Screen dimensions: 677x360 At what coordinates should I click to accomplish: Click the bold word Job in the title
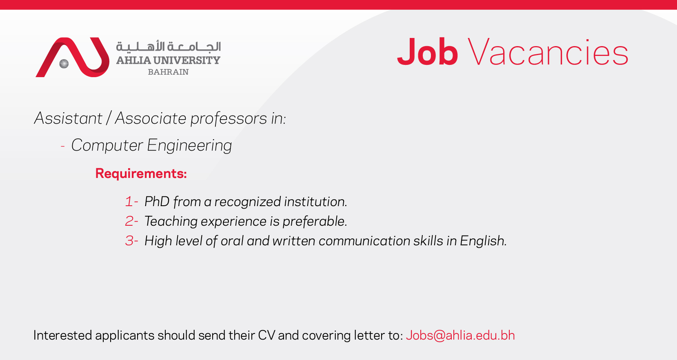(427, 51)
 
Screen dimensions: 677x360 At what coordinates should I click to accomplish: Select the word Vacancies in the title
(548, 51)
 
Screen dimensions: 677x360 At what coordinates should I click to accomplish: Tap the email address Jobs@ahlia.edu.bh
(460, 336)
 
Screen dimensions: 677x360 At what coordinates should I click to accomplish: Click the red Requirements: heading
(141, 173)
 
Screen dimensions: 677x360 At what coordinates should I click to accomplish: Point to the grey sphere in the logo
(64, 64)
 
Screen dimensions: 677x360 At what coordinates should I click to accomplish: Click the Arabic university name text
(169, 47)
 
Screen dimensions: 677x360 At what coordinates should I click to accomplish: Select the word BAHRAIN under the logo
(169, 72)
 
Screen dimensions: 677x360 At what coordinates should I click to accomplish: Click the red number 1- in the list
(131, 202)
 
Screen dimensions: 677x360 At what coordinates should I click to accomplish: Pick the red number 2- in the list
(131, 221)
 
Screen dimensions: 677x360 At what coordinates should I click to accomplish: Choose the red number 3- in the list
(131, 241)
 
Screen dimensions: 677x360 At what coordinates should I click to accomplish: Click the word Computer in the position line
(107, 145)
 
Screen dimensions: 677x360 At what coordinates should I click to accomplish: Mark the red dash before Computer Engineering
(63, 147)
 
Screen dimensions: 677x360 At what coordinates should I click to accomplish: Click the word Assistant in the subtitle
(68, 118)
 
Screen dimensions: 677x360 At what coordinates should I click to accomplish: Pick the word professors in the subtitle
(229, 118)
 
